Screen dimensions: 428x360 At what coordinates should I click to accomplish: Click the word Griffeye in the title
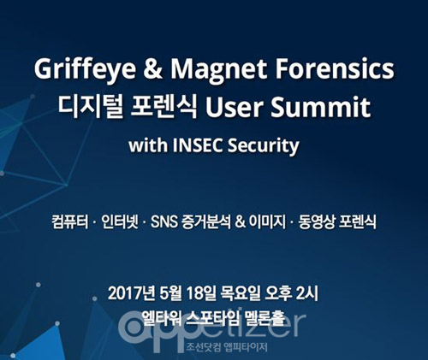85,70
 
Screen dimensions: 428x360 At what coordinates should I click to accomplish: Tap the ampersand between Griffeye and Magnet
153,69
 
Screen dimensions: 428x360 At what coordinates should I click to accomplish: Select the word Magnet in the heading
218,70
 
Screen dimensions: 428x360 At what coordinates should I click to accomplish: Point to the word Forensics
335,69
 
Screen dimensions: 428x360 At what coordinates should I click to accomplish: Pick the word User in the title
234,107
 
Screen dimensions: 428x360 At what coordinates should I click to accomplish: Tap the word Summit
320,107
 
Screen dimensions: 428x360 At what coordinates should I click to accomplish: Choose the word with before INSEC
148,145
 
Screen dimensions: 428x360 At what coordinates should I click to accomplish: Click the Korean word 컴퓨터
70,221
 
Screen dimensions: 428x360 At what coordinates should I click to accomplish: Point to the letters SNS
164,221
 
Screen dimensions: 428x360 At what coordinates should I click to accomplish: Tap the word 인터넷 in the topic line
120,221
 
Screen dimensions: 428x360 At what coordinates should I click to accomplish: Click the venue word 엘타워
162,318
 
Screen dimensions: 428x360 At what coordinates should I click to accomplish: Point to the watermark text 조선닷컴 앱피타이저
227,347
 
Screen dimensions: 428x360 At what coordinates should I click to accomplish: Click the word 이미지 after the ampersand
267,221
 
